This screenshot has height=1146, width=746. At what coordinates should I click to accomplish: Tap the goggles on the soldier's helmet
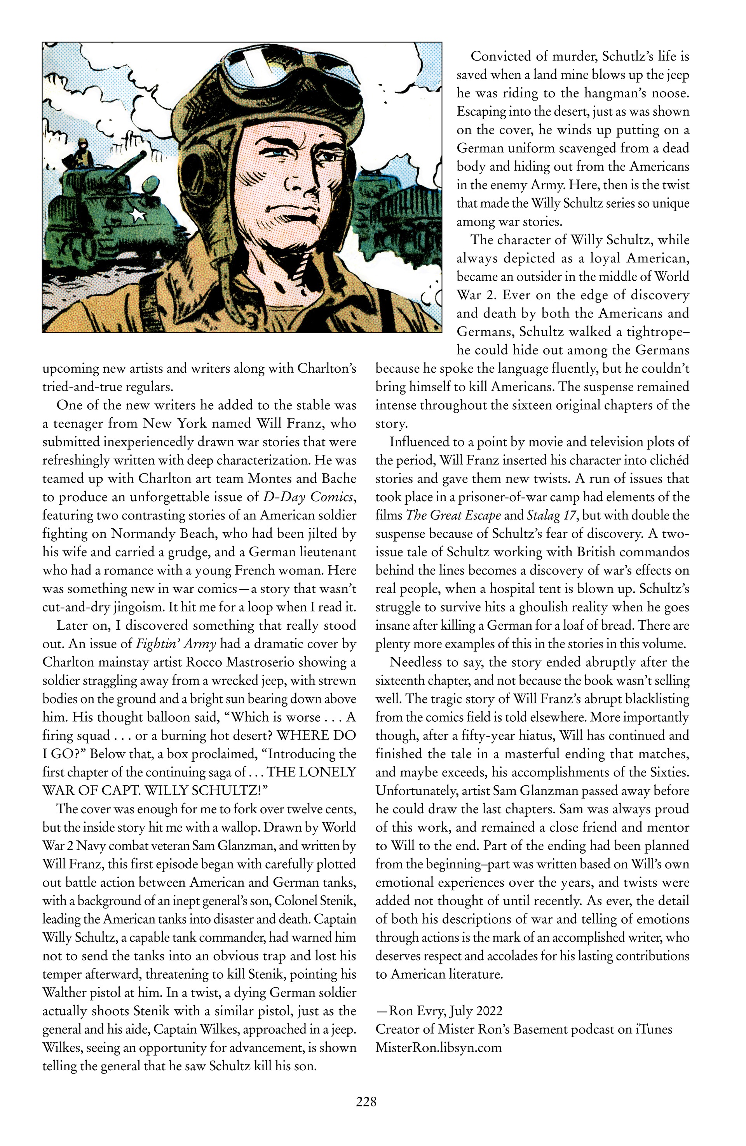(270, 72)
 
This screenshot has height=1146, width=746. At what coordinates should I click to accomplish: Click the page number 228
(366, 1101)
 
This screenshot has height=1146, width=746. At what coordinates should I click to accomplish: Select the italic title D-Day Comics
(309, 497)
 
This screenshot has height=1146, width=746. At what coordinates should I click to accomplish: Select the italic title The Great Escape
(453, 515)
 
